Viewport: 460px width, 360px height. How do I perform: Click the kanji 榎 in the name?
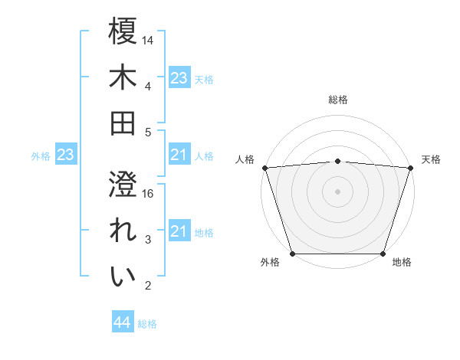coord(123,32)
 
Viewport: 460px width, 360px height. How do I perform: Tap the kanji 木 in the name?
coord(123,78)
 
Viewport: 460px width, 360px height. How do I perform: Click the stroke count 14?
coord(148,39)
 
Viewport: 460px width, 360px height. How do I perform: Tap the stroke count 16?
coord(148,194)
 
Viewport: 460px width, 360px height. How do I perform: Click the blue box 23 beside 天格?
coord(179,78)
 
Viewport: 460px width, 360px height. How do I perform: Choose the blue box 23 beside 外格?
coord(65,155)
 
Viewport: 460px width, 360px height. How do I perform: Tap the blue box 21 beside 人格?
coord(179,155)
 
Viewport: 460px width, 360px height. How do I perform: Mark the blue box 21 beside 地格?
coord(179,231)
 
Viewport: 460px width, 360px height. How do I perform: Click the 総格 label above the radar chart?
coord(337,100)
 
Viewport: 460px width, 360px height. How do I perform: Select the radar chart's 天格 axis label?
coord(431,159)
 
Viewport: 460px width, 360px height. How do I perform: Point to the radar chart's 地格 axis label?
coord(402,263)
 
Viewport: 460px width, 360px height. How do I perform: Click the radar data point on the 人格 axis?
coord(264,167)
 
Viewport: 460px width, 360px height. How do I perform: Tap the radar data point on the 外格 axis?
coord(292,254)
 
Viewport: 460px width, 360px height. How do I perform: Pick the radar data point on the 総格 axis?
coord(337,161)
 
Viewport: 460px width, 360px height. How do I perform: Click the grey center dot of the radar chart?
coord(337,191)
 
